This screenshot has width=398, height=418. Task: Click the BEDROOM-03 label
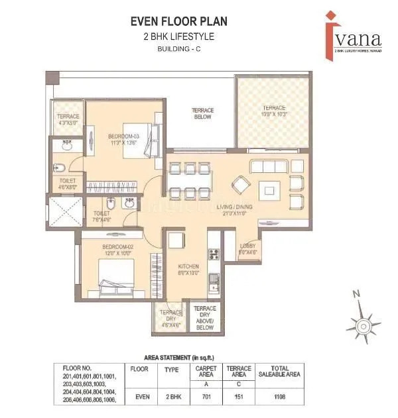[x=123, y=136]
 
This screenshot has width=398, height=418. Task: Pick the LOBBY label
[x=248, y=248]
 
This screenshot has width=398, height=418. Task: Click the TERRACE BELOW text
[x=201, y=113]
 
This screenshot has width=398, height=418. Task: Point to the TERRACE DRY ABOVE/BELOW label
[x=204, y=317]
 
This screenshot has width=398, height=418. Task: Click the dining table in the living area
[x=189, y=180]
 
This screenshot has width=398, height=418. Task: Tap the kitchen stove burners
[x=214, y=253]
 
